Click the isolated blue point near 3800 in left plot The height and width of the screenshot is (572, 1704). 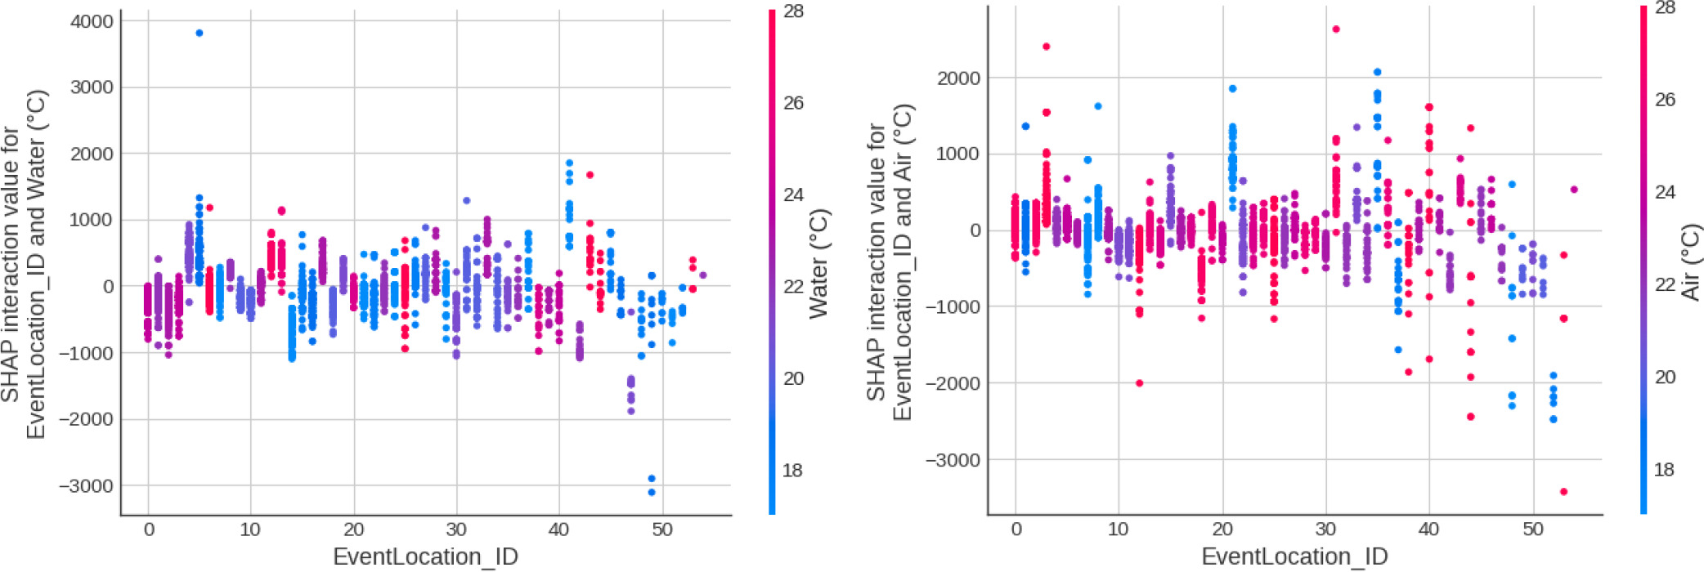tap(199, 34)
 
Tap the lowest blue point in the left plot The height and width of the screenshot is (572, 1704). tap(652, 492)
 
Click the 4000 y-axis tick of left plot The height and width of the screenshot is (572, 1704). tap(92, 21)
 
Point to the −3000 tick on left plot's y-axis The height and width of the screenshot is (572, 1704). tap(86, 485)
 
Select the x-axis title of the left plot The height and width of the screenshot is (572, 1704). tap(425, 556)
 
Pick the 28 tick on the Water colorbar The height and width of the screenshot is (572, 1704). tap(793, 11)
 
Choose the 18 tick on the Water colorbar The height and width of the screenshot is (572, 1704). tap(793, 471)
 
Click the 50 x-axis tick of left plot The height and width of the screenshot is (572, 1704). tap(662, 530)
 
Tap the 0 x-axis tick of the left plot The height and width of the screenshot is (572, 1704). tap(149, 530)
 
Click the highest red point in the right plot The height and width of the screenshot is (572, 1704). tap(1336, 29)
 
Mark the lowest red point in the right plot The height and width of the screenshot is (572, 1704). tap(1564, 492)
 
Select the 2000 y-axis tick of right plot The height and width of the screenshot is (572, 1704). tap(958, 78)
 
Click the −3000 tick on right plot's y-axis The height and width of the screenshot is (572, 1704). tap(953, 460)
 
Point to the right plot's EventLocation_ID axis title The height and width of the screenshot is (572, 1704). tap(1294, 556)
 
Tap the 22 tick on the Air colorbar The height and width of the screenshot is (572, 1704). tap(1665, 284)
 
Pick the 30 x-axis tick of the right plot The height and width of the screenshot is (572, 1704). tap(1325, 530)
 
